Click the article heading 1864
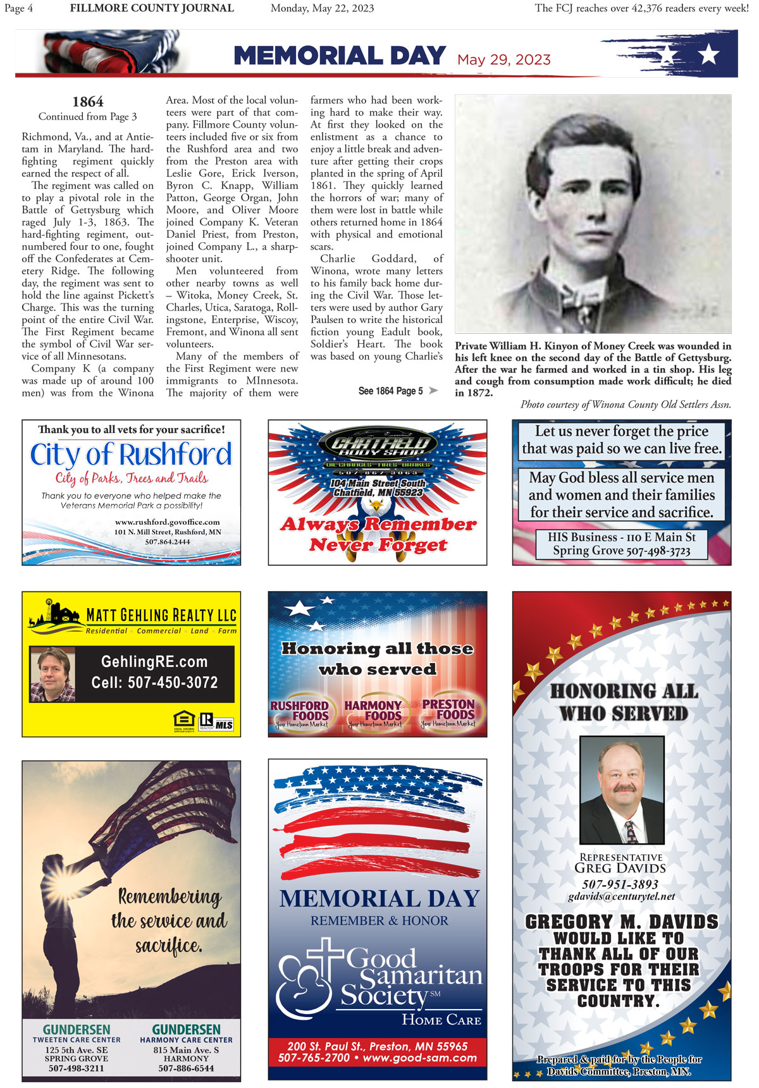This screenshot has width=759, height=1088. (x=88, y=102)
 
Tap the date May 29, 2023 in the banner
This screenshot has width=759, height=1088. (x=504, y=59)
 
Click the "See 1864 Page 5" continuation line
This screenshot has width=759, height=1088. (x=391, y=391)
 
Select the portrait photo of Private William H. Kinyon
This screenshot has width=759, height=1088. (x=593, y=214)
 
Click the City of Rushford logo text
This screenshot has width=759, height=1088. (x=131, y=455)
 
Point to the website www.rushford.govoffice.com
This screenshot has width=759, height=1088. (x=168, y=522)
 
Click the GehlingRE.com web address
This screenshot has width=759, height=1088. (x=154, y=662)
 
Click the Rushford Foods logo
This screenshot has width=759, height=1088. (x=300, y=711)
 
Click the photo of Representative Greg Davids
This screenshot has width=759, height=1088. (x=622, y=790)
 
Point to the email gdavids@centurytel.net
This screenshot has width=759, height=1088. (x=621, y=896)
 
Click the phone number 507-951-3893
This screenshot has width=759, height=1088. (x=620, y=884)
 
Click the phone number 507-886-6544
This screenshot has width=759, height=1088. (x=186, y=1068)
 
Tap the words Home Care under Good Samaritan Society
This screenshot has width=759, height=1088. (x=441, y=1020)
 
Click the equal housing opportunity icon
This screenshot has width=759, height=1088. (x=184, y=721)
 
